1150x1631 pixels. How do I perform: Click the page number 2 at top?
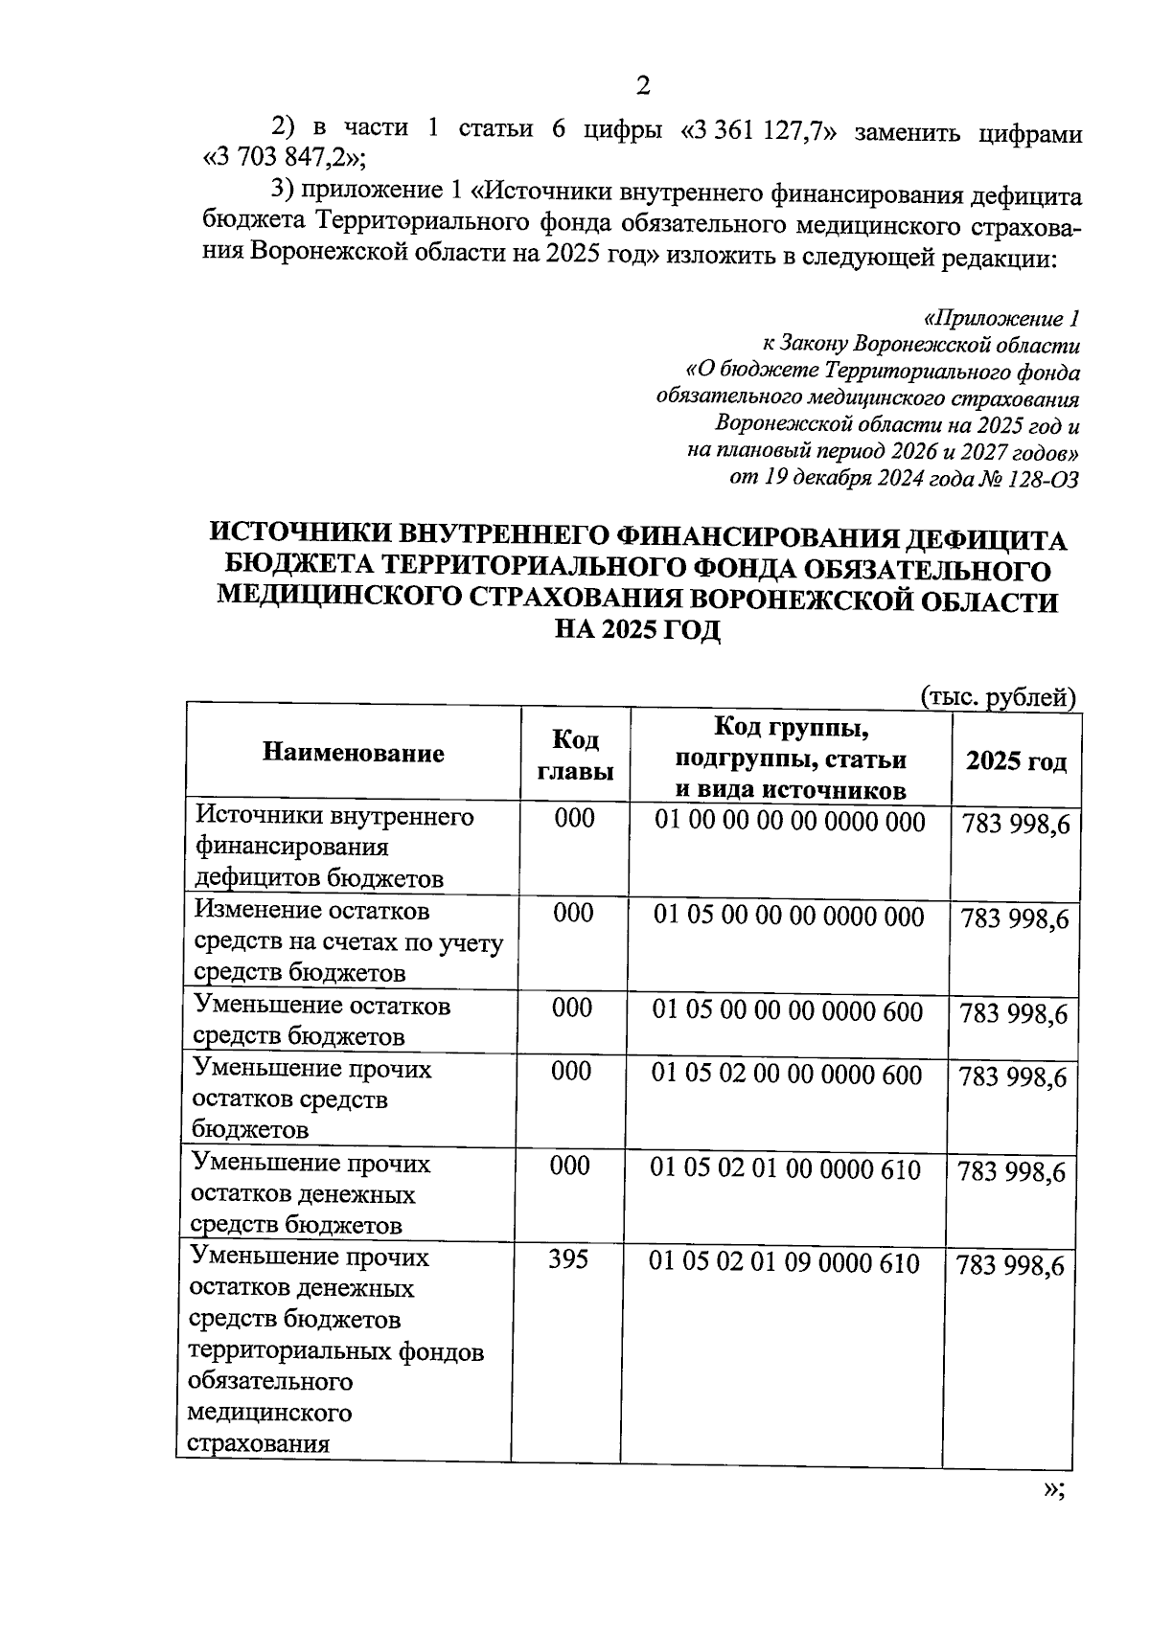(x=643, y=87)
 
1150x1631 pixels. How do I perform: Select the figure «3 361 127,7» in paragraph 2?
(x=759, y=130)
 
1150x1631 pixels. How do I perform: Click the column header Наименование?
(x=353, y=754)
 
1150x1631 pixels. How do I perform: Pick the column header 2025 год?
(x=1015, y=762)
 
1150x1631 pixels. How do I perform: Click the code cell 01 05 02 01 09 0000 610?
(x=784, y=1263)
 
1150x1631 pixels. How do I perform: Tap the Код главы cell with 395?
(x=568, y=1260)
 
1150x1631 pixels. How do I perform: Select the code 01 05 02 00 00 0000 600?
(x=787, y=1075)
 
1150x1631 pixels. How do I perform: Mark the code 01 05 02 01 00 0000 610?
(x=785, y=1169)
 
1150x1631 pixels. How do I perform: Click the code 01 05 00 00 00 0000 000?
(x=789, y=917)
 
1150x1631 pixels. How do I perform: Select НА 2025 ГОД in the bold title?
(x=638, y=632)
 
